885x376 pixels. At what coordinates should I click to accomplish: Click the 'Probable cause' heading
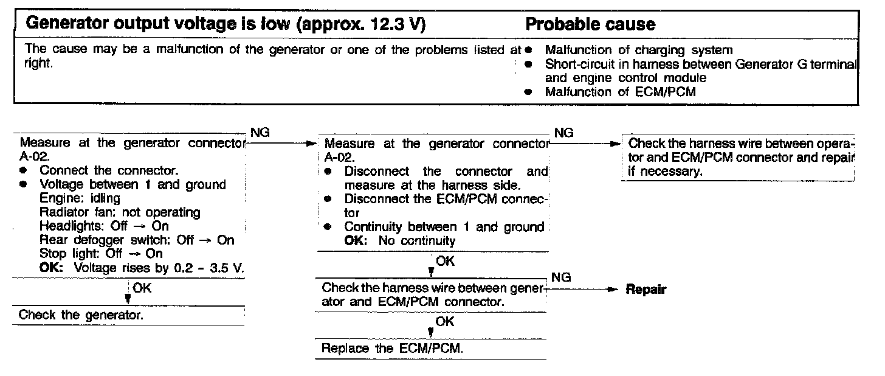pos(590,24)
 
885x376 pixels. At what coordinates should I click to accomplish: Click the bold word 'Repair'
pos(646,290)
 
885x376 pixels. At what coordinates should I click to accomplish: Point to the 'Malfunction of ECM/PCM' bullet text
pos(620,92)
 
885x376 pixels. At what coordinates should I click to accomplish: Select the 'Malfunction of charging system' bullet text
pos(639,50)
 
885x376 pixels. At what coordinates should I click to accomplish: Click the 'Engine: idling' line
pos(80,198)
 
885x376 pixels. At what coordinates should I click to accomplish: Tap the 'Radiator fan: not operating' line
pos(120,212)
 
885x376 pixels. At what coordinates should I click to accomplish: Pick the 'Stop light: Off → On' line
pos(101,254)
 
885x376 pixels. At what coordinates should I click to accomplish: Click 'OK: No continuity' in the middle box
pos(399,240)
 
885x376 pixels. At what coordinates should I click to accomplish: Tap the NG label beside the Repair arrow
pos(563,277)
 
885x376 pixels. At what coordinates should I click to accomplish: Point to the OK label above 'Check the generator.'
pos(142,288)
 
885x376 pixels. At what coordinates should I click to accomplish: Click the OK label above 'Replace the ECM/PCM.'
pos(445,322)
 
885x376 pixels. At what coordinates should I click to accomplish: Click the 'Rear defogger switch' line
pos(136,240)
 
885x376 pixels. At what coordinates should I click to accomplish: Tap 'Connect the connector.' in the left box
pos(109,170)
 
